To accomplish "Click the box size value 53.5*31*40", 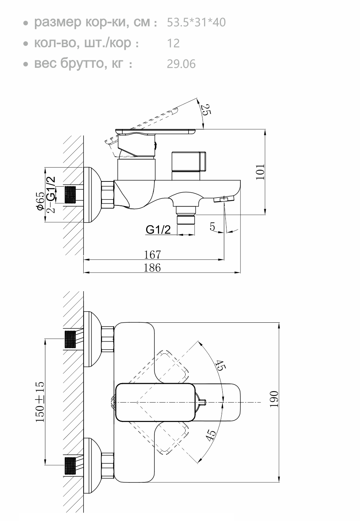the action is pos(196,22).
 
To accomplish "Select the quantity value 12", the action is pos(173,43).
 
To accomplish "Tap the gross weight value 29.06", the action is pos(181,64).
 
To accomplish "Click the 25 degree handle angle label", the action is pos(206,109).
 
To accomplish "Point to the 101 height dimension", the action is pos(260,172).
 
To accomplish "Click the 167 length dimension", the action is pos(152,255).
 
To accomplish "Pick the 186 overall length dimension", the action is pos(152,268).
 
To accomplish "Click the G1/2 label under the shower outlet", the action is pos(158,230).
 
